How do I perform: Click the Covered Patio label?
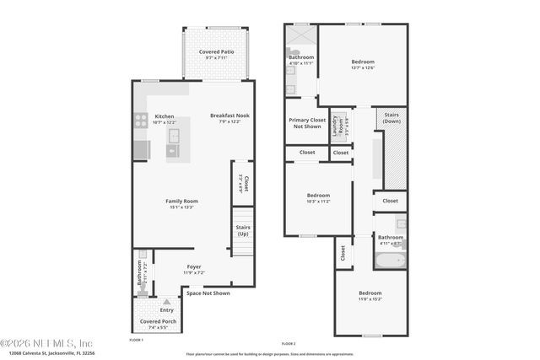tap(217, 51)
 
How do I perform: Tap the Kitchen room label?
tap(164, 116)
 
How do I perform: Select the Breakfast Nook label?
tap(229, 116)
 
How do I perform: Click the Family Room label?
tap(181, 201)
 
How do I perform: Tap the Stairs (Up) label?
tap(241, 229)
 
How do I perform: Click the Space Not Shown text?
tap(208, 293)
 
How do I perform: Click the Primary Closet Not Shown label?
tap(306, 123)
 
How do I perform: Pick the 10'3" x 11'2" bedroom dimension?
tap(317, 201)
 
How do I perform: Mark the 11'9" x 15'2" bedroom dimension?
tap(370, 299)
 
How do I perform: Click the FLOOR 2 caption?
tap(289, 344)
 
